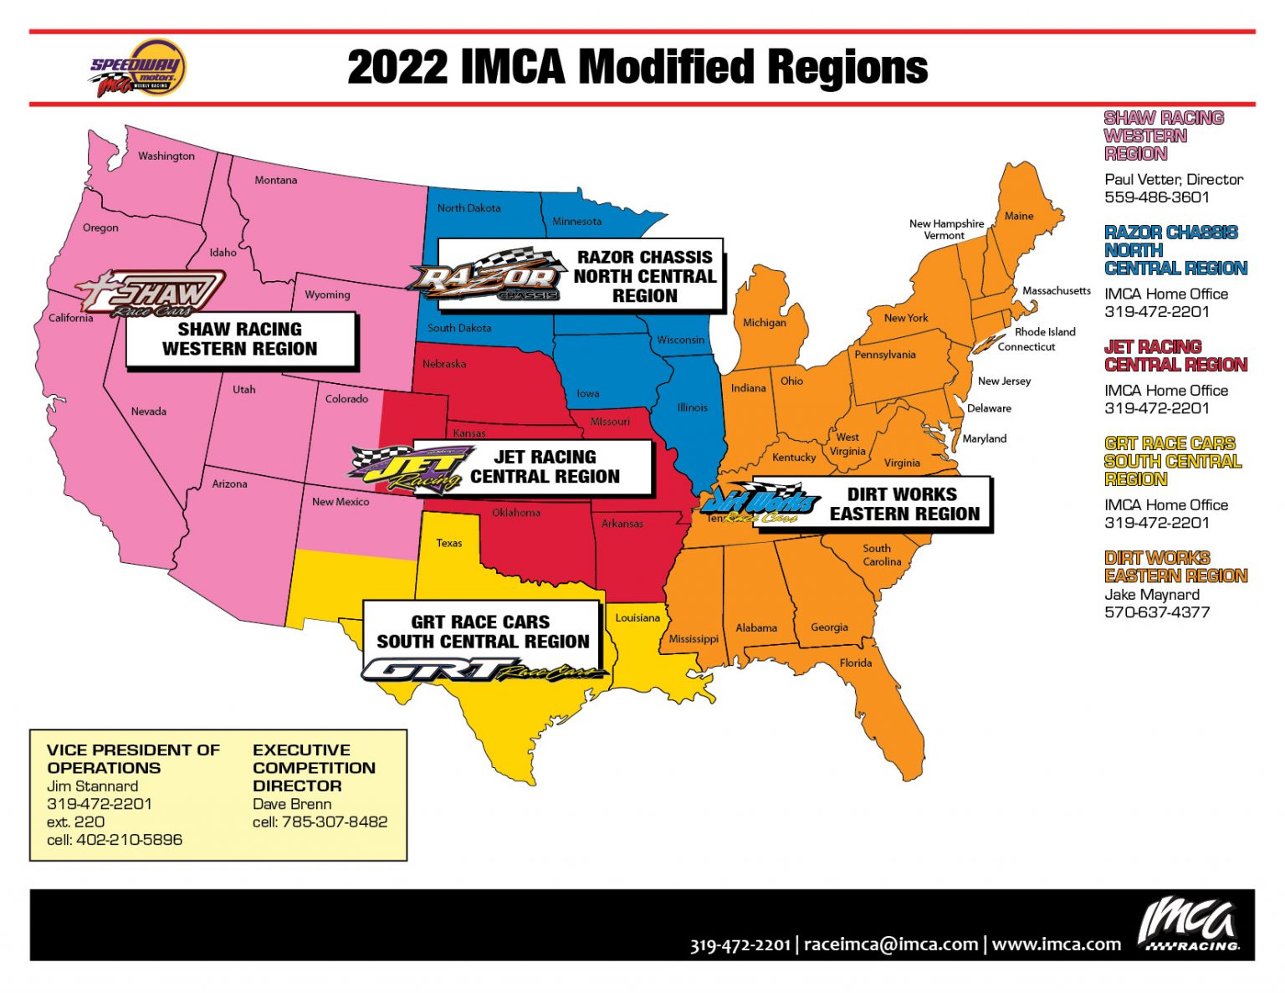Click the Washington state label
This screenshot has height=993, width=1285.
coord(166,156)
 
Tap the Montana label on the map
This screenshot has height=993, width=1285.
coord(275,180)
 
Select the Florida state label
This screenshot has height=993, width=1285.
coord(855,663)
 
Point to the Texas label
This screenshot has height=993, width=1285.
coord(448,543)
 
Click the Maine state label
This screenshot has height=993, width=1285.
coord(1018,216)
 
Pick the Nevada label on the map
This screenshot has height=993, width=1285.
coord(148,411)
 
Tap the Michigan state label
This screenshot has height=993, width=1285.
coord(764,322)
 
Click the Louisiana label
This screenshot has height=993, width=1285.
coord(637,617)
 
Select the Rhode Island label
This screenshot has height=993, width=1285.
coord(1045,332)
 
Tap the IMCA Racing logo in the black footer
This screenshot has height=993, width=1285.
coord(1189,924)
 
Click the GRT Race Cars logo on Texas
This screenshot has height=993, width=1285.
coord(483,670)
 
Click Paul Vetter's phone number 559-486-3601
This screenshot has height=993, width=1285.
coord(1156,197)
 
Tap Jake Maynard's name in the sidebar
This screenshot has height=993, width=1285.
coord(1151,594)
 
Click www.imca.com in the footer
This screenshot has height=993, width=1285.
coord(1056,944)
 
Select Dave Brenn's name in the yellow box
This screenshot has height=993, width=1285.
coord(292,804)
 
